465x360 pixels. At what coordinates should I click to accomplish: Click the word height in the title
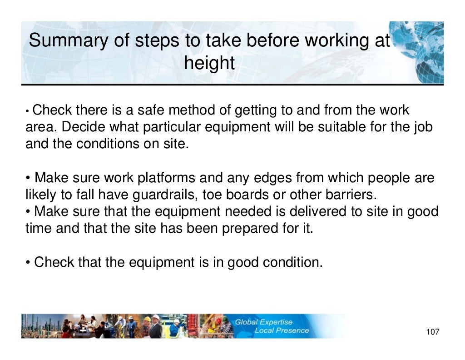(x=209, y=63)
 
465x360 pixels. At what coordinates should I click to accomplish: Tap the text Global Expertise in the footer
(x=263, y=322)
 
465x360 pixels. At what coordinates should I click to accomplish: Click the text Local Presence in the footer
(x=281, y=330)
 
